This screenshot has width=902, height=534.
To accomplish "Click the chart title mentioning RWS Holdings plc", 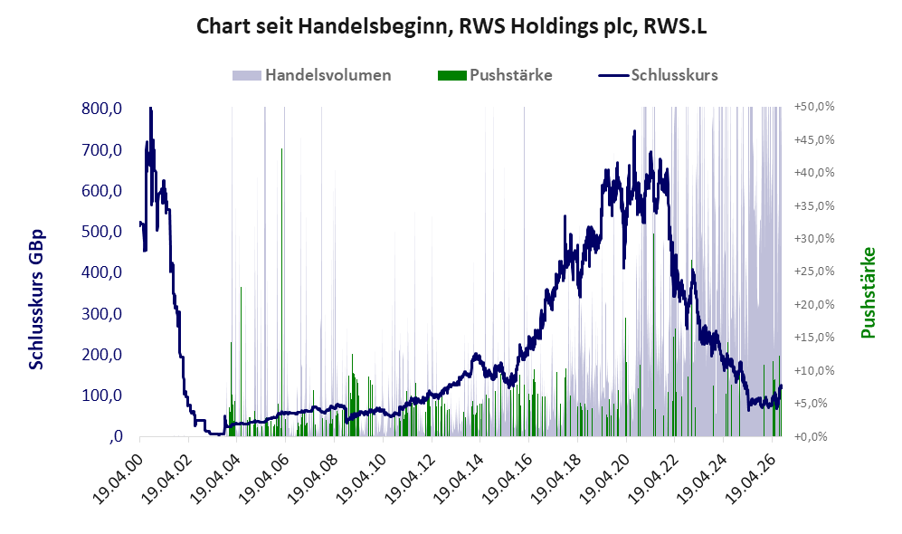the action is point(451,26).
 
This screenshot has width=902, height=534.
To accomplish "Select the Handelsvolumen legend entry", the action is point(312,75).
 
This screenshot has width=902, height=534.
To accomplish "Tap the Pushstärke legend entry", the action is point(495,75).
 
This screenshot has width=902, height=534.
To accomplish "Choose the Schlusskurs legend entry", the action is point(658,75).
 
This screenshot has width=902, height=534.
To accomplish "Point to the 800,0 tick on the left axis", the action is point(102,109).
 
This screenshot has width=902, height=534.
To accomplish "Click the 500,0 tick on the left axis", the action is point(102,232).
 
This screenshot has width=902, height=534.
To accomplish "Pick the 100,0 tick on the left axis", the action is point(102,396).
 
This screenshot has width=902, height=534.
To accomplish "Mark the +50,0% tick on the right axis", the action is point(814,107).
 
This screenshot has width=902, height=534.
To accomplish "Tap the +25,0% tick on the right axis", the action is point(814,271).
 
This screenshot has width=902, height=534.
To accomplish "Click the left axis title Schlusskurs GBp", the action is point(35,300).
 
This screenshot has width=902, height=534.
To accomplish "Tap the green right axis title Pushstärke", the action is point(868,292).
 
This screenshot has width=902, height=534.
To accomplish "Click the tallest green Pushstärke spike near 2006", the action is point(282,292).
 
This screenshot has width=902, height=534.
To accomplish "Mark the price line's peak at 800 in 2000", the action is point(151,108).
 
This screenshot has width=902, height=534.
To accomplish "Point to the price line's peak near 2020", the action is point(634,131).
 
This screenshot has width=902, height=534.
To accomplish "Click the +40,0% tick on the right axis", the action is point(814,173).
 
